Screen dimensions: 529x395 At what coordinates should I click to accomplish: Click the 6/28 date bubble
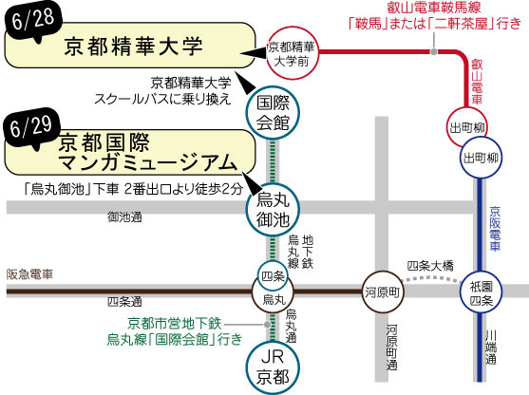point(32,22)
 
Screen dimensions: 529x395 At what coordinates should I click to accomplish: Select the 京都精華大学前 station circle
point(293,53)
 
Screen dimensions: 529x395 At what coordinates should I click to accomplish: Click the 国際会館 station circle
point(273,113)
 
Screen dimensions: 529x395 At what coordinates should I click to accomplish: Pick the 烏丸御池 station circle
point(273,210)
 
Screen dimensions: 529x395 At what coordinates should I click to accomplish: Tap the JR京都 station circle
point(273,367)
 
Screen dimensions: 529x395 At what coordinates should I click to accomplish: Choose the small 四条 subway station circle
point(273,276)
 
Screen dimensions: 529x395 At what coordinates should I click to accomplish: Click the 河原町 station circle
point(383,292)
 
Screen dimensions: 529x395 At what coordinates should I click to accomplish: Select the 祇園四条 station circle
point(482,292)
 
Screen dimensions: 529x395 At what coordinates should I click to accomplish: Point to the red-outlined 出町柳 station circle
point(467,127)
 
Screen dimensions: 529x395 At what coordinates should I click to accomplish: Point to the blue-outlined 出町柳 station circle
point(482,158)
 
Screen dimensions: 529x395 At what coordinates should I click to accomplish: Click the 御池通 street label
point(124,216)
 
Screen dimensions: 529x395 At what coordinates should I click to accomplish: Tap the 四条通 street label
point(124,301)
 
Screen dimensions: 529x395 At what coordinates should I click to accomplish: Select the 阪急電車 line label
point(30,274)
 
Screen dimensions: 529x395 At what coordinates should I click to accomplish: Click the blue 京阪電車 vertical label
point(495,229)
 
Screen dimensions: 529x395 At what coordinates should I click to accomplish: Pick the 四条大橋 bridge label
point(430,266)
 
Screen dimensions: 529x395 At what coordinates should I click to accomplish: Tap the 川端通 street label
point(491,348)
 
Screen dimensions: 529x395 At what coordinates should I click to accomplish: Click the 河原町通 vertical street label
point(391,348)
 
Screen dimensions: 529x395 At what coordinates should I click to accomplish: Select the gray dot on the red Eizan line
point(433,51)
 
